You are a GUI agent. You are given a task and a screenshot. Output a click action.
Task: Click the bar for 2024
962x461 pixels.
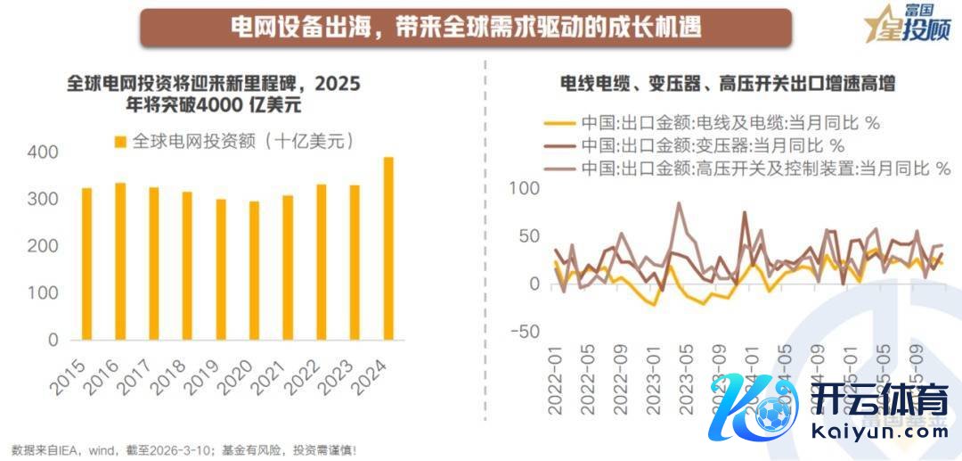[x=388, y=249]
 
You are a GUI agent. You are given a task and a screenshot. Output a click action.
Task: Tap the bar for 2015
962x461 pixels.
[x=86, y=264]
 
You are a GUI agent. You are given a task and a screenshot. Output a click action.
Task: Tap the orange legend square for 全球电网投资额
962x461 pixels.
[x=120, y=142]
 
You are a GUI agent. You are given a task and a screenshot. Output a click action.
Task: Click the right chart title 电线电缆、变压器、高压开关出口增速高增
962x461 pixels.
[x=727, y=85]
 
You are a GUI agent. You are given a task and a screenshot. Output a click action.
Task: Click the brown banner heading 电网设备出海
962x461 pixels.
[x=466, y=27]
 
